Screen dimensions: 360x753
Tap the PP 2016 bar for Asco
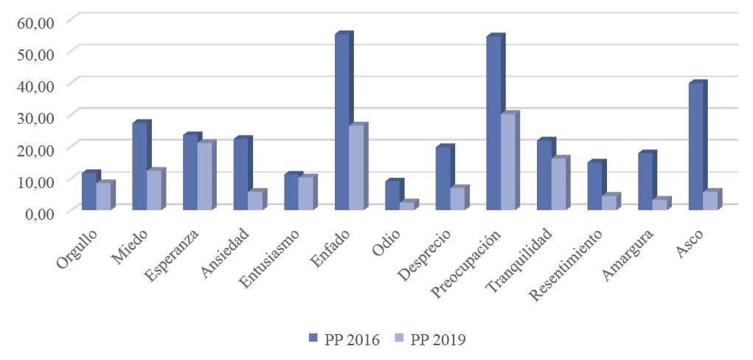point(695,147)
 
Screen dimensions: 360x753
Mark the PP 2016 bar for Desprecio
point(443,179)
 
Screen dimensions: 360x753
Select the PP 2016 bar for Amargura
point(645,181)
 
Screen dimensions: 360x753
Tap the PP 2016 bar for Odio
point(392,195)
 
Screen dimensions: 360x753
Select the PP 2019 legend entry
point(430,339)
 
